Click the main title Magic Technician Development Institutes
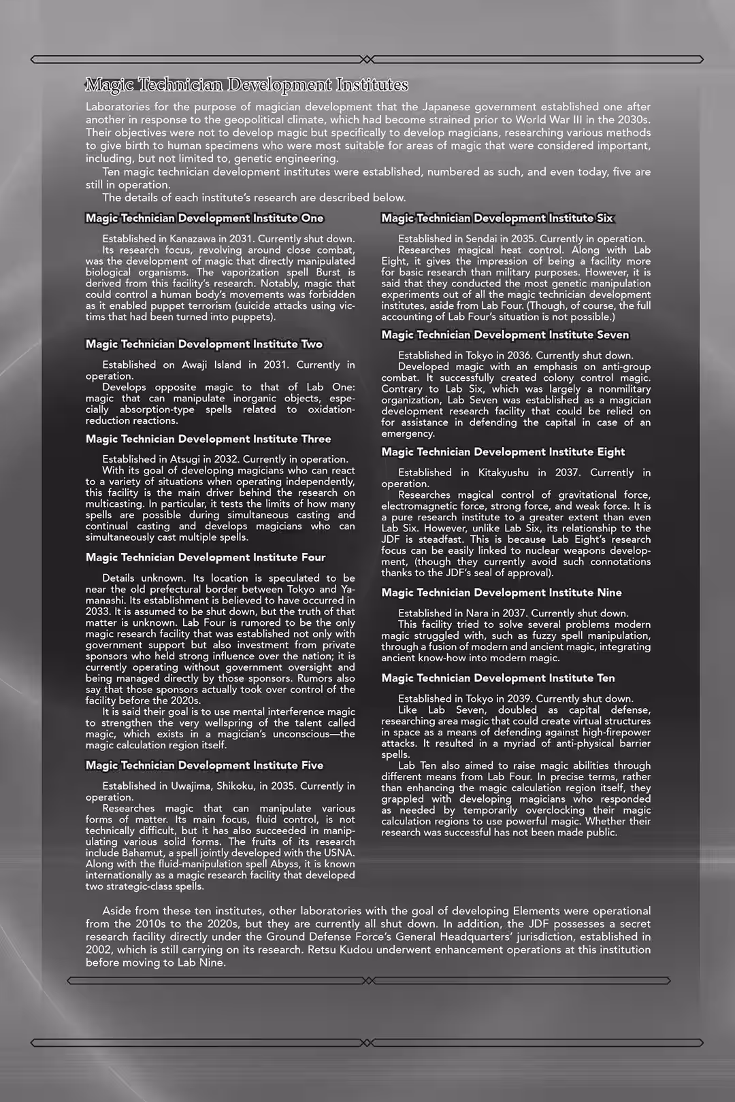coord(246,85)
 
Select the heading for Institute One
coord(204,218)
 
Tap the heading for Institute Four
coord(206,558)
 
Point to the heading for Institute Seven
coord(505,335)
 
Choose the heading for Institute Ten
coord(497,678)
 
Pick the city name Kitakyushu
coord(503,473)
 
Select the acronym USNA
coord(338,853)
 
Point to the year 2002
coord(99,950)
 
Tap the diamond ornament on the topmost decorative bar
coord(367,60)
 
